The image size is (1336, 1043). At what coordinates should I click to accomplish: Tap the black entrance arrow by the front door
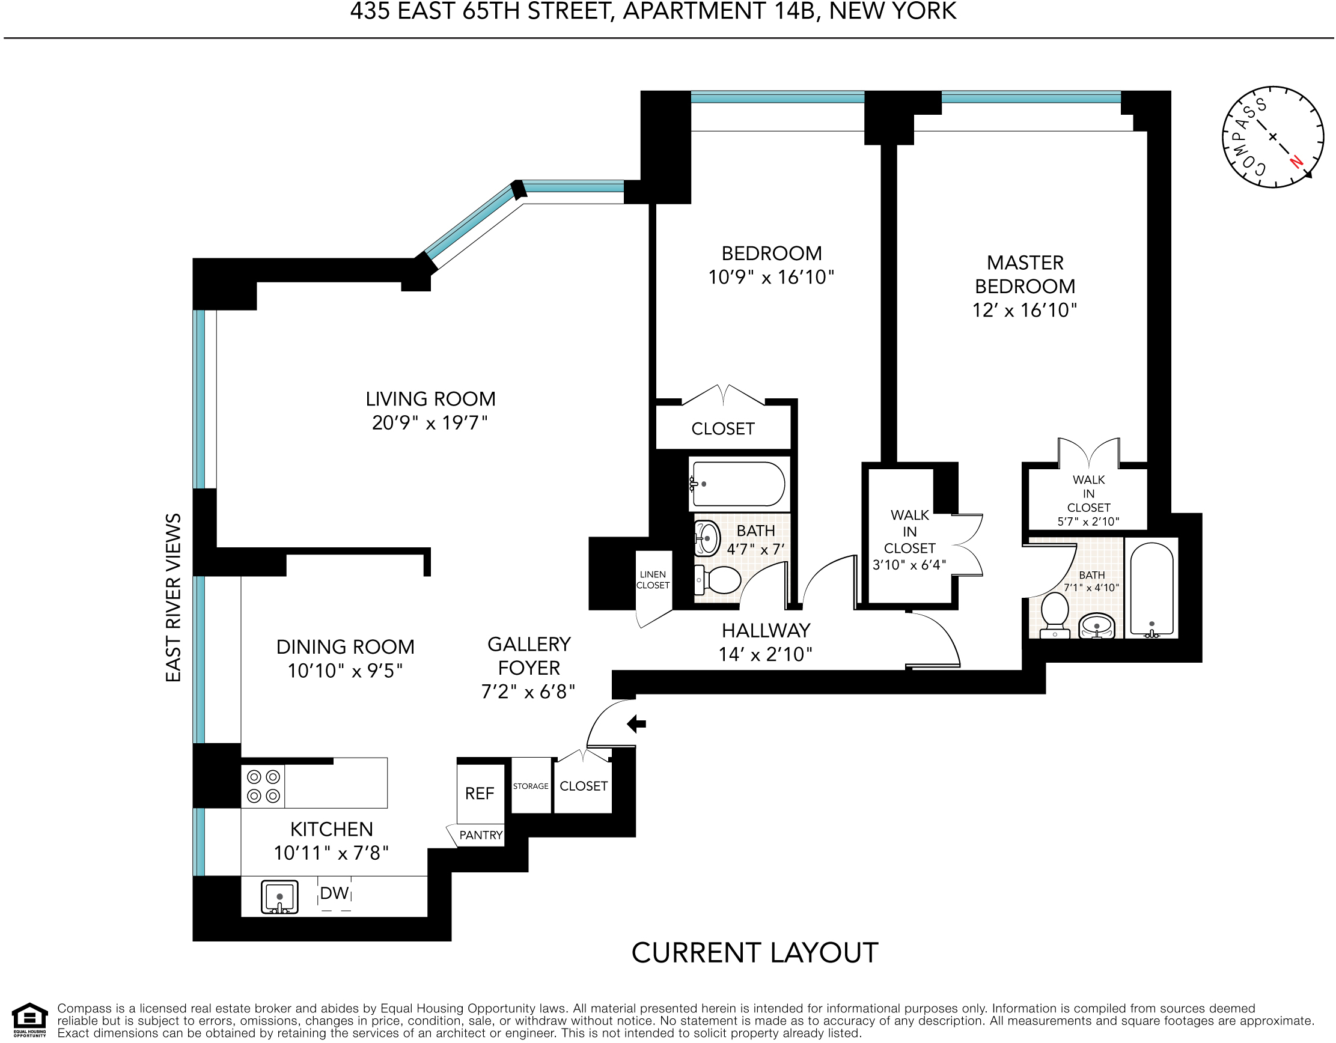click(637, 724)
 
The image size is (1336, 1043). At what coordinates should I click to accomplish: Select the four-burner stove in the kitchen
click(264, 786)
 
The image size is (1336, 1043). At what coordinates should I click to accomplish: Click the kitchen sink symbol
click(279, 897)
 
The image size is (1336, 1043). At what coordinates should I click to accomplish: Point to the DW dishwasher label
click(335, 893)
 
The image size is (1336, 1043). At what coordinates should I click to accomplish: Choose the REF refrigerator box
click(480, 794)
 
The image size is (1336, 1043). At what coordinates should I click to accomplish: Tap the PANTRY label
click(481, 835)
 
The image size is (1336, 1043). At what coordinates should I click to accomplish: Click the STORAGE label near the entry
click(531, 786)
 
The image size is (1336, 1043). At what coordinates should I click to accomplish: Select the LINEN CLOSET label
click(653, 580)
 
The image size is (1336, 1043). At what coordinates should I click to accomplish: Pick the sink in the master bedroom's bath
click(1097, 625)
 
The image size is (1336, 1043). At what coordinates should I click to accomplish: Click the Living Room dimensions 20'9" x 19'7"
click(430, 422)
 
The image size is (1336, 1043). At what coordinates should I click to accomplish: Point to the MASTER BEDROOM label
click(1025, 275)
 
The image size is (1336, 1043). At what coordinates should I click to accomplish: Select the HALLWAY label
click(766, 630)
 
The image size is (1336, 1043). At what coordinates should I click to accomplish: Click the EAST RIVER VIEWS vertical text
click(174, 597)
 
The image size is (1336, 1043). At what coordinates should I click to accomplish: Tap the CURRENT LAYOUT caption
click(755, 953)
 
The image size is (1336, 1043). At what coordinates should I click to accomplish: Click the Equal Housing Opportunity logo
click(29, 1020)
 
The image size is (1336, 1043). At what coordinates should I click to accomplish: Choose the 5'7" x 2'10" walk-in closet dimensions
click(1088, 521)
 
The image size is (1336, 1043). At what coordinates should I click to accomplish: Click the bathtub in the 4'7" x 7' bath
click(738, 484)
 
